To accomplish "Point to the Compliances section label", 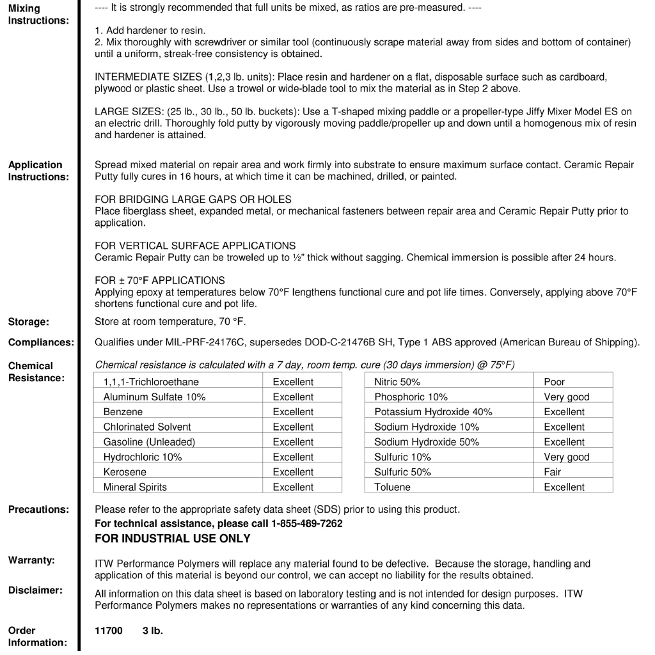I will point(40,343).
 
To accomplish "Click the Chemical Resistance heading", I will point(36,372).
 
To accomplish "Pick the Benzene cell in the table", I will point(123,412).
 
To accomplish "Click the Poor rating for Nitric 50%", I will point(554,382).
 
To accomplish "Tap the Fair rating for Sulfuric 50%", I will point(553,472).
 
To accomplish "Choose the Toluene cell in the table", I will point(392,487).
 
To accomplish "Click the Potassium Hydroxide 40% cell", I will point(433,412).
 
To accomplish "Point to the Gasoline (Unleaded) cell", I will point(149,442).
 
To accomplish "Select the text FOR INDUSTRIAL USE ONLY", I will point(172,539).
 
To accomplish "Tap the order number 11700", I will point(108,630).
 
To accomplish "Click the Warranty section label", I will point(31,560).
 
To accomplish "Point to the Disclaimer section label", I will point(35,590).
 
